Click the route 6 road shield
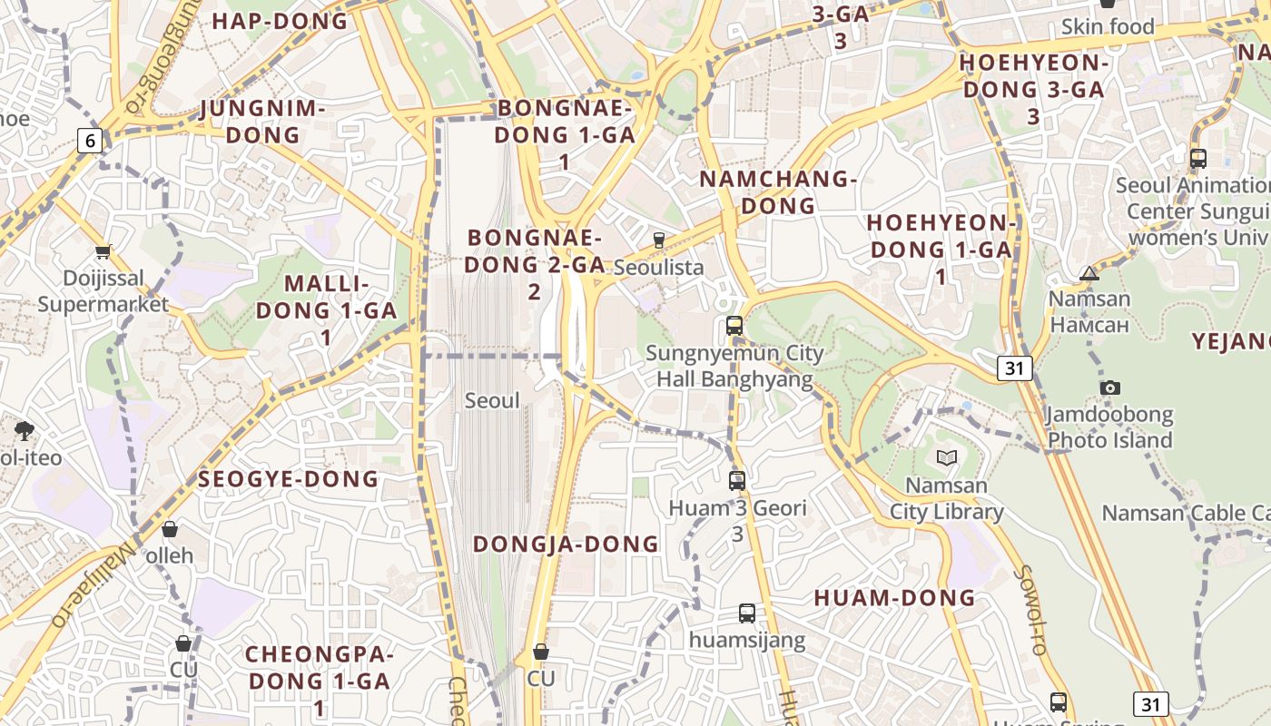89,141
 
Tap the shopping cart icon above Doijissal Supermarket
103,251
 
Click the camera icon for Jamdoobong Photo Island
1109,388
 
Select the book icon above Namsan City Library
947,457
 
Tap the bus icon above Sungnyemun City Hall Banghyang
734,325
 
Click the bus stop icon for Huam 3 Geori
737,481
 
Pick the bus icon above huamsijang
746,613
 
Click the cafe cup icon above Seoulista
659,240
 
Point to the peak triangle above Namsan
1089,273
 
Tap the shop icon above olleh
170,529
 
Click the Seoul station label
492,400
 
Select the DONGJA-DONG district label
566,544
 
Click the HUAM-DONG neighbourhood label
894,598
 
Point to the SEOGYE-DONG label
288,479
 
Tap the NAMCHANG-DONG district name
778,192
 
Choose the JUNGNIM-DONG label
262,122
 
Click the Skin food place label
1108,27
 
